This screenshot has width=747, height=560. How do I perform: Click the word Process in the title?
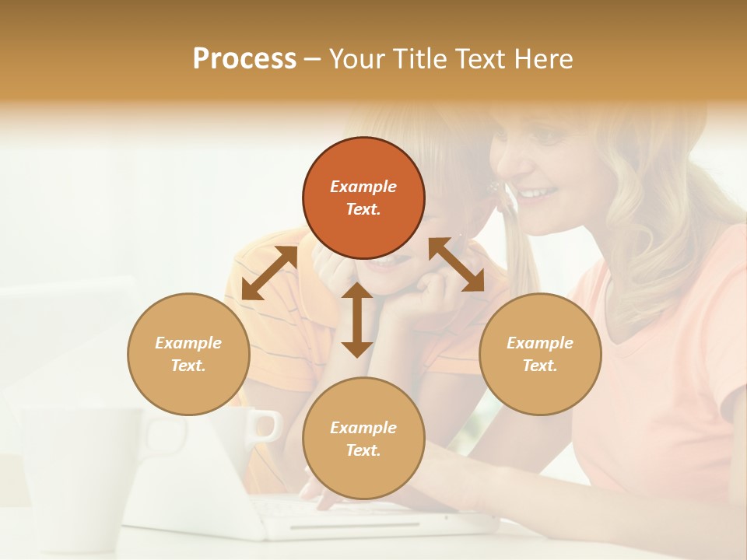[244, 59]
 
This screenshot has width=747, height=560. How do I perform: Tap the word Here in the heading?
[544, 59]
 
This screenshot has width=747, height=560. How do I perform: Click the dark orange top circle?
[363, 198]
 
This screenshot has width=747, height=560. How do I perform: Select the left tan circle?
[188, 354]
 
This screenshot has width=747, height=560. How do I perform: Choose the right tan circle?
[540, 354]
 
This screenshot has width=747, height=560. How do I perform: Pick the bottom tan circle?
[363, 438]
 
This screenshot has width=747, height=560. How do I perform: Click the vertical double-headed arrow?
[357, 320]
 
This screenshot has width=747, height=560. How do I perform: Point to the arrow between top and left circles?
[269, 273]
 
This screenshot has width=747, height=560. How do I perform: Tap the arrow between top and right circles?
[457, 264]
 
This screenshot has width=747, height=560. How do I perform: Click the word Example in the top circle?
[363, 187]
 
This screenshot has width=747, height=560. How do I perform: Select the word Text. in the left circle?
[188, 366]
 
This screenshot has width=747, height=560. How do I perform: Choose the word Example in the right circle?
[540, 343]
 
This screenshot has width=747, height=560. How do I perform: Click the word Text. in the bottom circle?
[363, 450]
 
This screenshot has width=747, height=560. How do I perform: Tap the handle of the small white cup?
[268, 426]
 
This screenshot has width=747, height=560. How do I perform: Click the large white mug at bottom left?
[78, 474]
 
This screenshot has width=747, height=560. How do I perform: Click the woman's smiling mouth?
[537, 192]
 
